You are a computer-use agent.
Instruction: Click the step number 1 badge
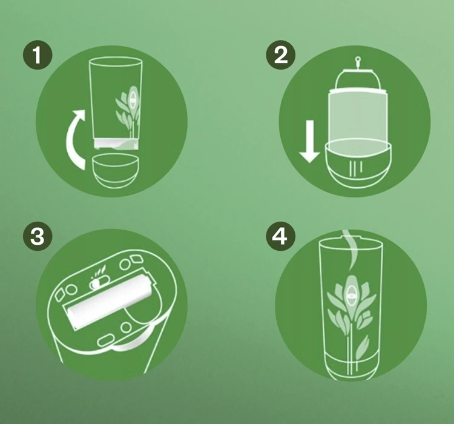coord(38,55)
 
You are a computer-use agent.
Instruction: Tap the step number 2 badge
coord(281,55)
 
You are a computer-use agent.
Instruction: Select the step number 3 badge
coord(38,236)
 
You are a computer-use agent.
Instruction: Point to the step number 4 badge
coord(281,236)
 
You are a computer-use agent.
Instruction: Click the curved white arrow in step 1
coord(70,139)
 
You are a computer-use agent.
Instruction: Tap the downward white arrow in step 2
coord(310,141)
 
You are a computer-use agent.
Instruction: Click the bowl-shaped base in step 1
coord(116,171)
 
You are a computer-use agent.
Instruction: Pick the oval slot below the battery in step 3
coord(107,340)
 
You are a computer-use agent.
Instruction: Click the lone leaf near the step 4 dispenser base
coord(362,347)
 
